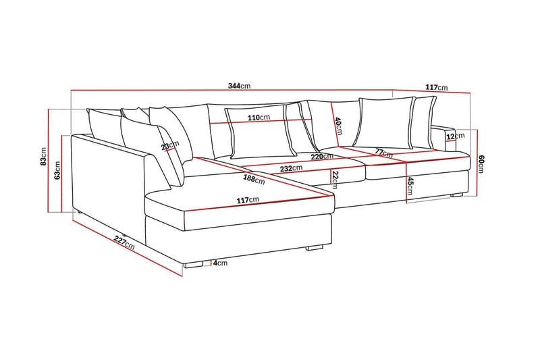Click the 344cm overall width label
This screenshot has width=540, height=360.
pos(240,86)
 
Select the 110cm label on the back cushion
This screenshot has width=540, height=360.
pos(259,117)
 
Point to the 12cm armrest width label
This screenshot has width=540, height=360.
pos(456,136)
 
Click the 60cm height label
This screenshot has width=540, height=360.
pos(481,163)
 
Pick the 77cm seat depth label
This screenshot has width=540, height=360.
pos(384,154)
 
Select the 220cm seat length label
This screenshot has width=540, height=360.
pos(323,157)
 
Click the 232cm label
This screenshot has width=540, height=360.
pos(292,169)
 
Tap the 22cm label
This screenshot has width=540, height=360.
pos(335,178)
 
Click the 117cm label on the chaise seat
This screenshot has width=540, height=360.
pos(248,200)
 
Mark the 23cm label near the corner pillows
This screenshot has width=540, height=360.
pos(170,146)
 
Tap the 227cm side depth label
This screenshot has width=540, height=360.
pos(124,242)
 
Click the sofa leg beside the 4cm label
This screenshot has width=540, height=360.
pos(194,264)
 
